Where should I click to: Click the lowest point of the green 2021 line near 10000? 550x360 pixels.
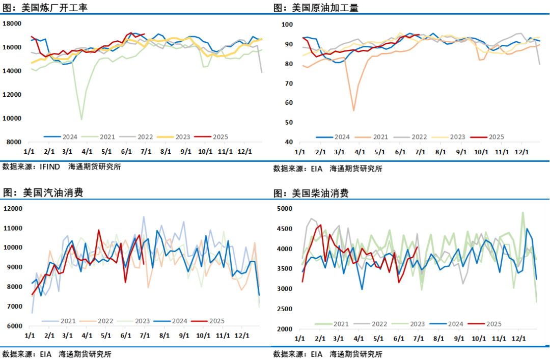81,120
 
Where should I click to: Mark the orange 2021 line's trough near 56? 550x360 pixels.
353,110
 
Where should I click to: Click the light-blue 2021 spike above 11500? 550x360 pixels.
144,216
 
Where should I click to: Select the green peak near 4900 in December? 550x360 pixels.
522,212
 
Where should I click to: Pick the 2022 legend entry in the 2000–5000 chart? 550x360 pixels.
376,323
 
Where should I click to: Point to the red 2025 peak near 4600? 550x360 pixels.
320,225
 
